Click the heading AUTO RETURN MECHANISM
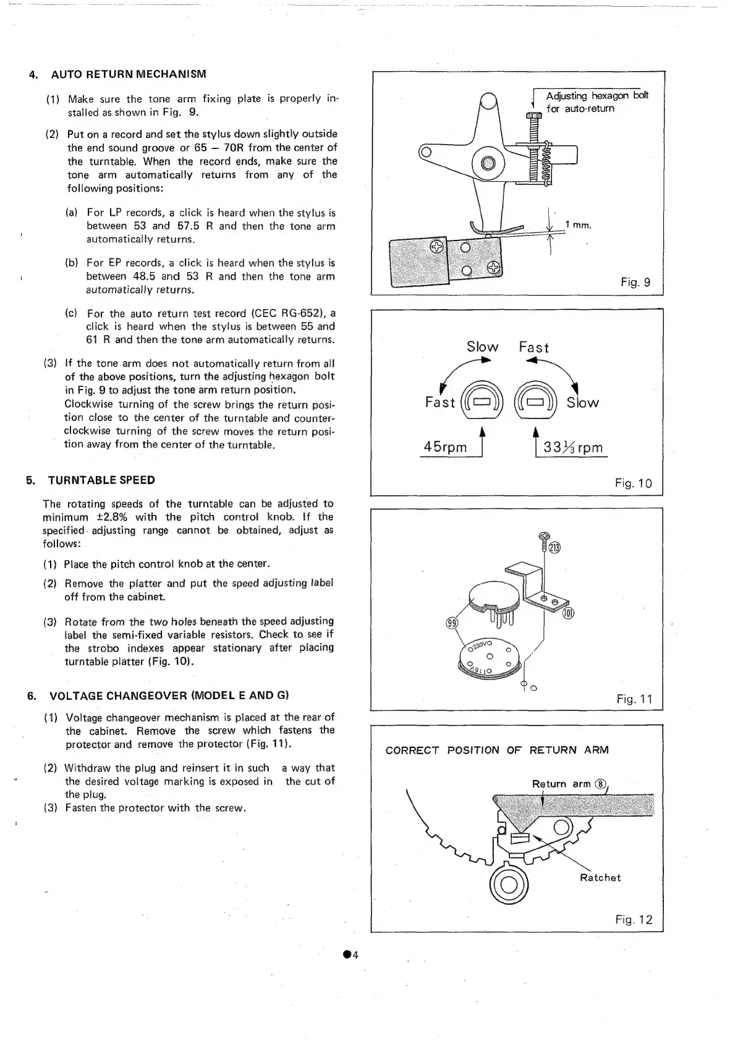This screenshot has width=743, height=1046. pos(128,75)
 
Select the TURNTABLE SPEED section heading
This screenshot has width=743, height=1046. pos(101,480)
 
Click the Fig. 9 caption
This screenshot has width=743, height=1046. pos(635,283)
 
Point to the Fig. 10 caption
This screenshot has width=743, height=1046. pos(633,483)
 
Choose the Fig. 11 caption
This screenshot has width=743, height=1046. pos(634,699)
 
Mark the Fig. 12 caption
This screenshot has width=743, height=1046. pos(634,920)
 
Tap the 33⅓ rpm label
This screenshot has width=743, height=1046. pos(572,448)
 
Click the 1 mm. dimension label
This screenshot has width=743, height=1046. pos(579,225)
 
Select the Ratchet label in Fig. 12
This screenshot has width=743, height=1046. pos(600,878)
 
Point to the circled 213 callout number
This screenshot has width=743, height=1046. pos(554,548)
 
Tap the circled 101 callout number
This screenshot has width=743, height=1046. pos(568,613)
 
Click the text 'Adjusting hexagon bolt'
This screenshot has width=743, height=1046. pos(597,96)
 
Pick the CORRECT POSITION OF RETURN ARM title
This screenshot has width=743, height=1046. pos(496,750)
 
